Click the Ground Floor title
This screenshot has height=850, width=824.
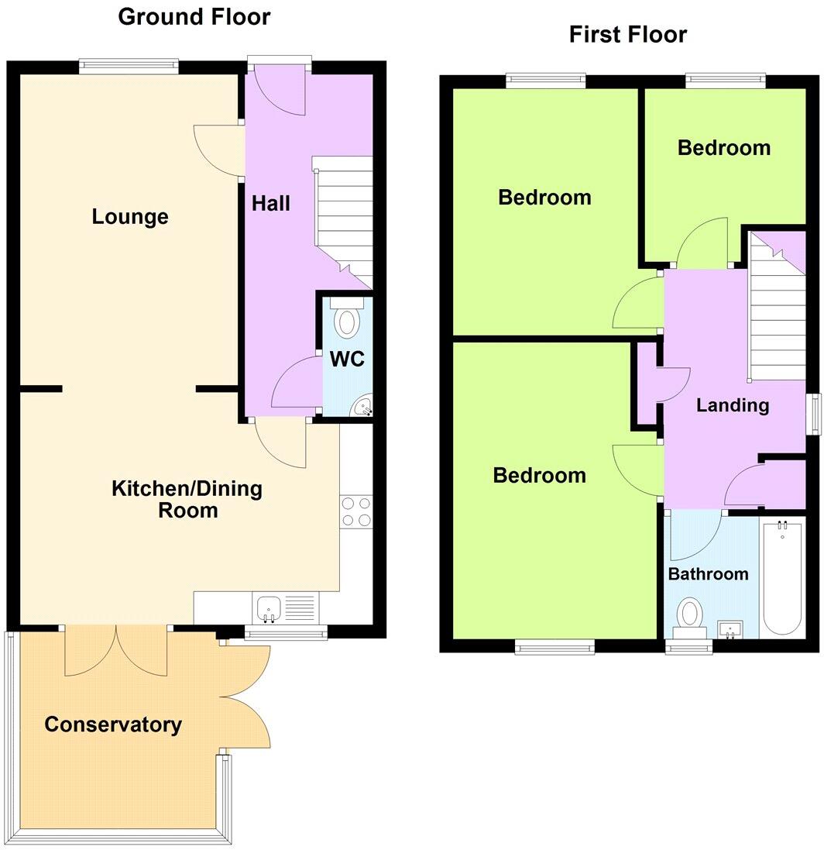tap(194, 16)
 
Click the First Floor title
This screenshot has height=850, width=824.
tap(627, 35)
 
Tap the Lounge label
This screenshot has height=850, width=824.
tap(130, 217)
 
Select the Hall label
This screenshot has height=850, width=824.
tap(271, 204)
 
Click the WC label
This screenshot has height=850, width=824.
tap(346, 360)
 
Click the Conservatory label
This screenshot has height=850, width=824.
tap(113, 724)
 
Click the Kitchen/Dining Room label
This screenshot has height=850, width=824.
tap(187, 500)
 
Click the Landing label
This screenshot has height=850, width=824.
tap(732, 405)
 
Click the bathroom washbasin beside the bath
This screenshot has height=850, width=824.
tap(730, 629)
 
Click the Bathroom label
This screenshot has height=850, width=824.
tap(708, 574)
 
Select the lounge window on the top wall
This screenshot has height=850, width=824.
tap(129, 67)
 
